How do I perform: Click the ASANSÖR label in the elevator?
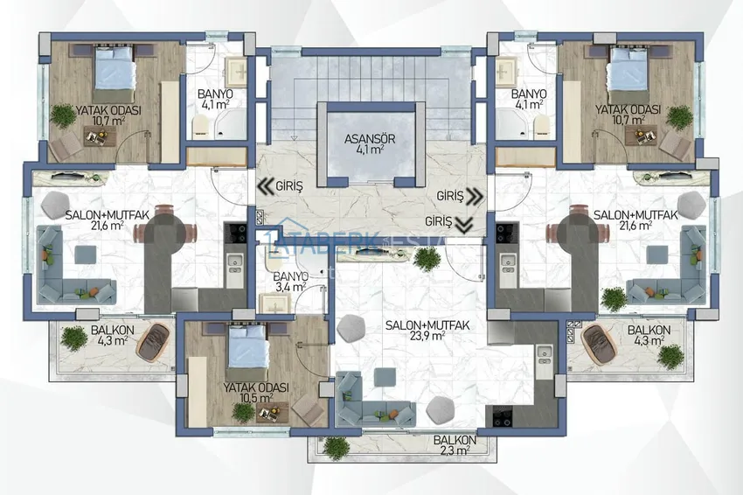pos(370,139)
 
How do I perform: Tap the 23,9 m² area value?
pos(428,336)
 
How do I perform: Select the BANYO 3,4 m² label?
pos(291,282)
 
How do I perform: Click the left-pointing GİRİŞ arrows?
pos(264,187)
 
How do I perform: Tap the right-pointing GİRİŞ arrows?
pos(475,196)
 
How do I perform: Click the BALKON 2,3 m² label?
pos(455,445)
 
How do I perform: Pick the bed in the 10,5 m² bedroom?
pos(247,346)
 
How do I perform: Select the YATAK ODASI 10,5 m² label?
pos(256,393)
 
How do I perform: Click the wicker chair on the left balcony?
pos(152,340)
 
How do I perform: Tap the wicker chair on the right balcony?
pos(599,344)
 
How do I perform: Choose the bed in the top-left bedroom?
pos(115,68)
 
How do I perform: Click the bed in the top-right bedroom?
pos(628,68)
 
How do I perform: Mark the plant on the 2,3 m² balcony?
pos(336,448)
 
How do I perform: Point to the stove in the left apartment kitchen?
pos(235,234)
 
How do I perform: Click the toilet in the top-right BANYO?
pos(542,127)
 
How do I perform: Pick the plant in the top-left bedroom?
pos(64,116)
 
